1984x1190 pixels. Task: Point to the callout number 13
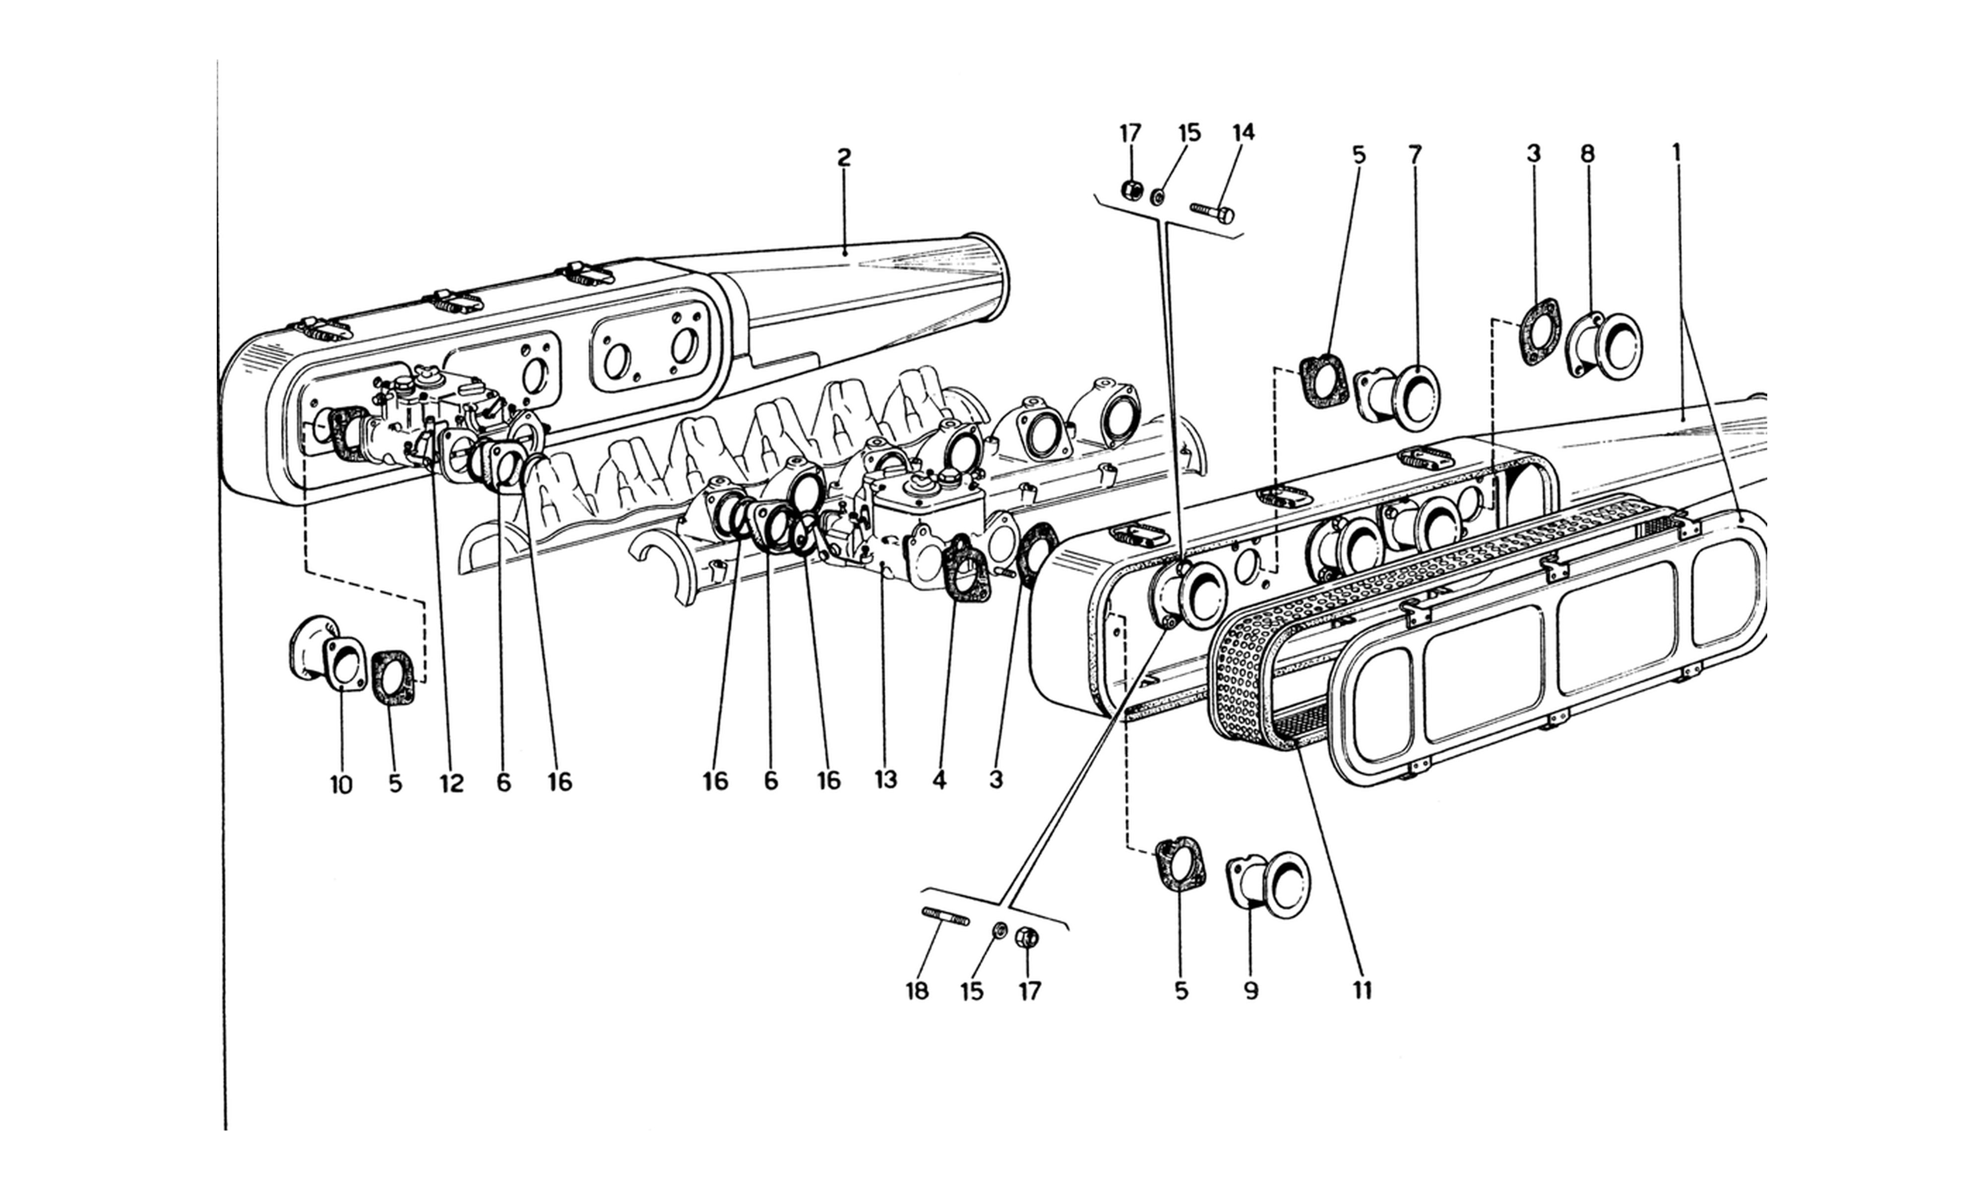[x=885, y=779]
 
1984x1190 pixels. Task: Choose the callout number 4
[x=940, y=779]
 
